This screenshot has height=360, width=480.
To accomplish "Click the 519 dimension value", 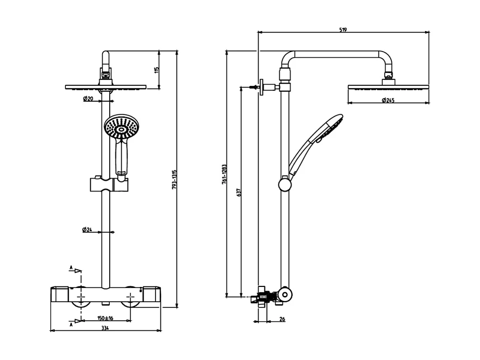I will (343, 29).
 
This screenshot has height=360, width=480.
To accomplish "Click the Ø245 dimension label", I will (388, 100).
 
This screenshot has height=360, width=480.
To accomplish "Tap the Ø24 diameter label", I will (87, 229).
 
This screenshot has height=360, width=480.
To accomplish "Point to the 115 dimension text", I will (156, 70).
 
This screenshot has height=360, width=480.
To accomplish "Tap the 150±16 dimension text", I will (105, 318).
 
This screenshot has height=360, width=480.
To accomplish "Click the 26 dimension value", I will (282, 319).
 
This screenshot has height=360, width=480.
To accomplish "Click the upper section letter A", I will (71, 268).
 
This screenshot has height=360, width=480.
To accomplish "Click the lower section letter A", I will (71, 324).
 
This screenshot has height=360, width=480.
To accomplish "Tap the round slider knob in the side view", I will (285, 183).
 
